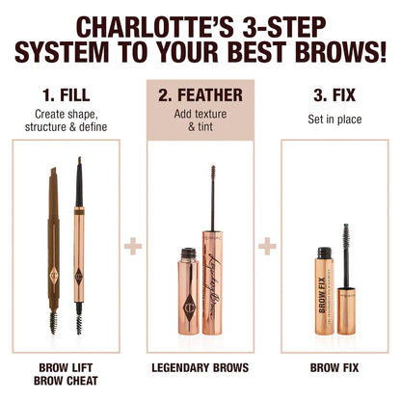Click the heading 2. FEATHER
tap(200, 96)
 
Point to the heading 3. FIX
tap(333, 96)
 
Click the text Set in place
tap(333, 122)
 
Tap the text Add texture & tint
tap(200, 122)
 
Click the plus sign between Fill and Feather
tap(133, 247)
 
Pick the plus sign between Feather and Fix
tap(267, 247)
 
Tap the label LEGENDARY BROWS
tap(200, 367)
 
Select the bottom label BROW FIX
tap(333, 367)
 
